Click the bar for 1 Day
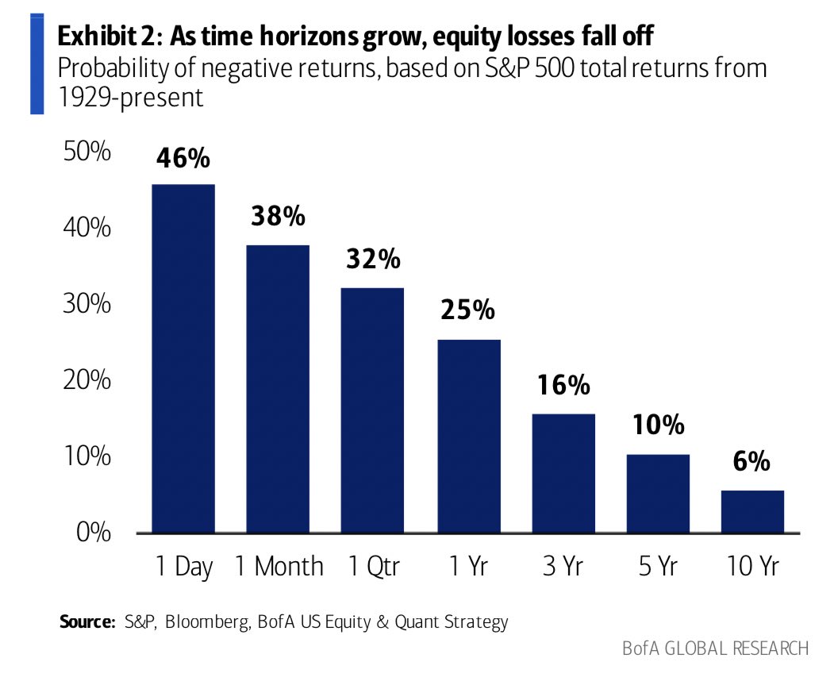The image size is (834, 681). pyautogui.click(x=183, y=358)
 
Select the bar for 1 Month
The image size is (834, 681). pyautogui.click(x=278, y=388)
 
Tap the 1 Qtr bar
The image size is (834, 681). pyautogui.click(x=372, y=410)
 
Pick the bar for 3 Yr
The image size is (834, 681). pyautogui.click(x=563, y=472)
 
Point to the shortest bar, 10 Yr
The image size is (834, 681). pyautogui.click(x=752, y=511)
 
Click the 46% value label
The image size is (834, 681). pyautogui.click(x=183, y=158)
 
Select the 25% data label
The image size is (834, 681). pyautogui.click(x=467, y=310)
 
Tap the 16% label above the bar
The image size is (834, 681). pyautogui.click(x=563, y=386)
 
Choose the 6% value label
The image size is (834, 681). pyautogui.click(x=751, y=461)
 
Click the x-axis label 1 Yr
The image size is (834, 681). pyautogui.click(x=467, y=567)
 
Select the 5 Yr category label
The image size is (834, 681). pyautogui.click(x=657, y=567)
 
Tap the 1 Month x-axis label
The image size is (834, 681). pyautogui.click(x=279, y=567)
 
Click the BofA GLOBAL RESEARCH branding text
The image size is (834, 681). pyautogui.click(x=715, y=648)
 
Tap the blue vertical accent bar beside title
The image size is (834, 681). pyautogui.click(x=37, y=63)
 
